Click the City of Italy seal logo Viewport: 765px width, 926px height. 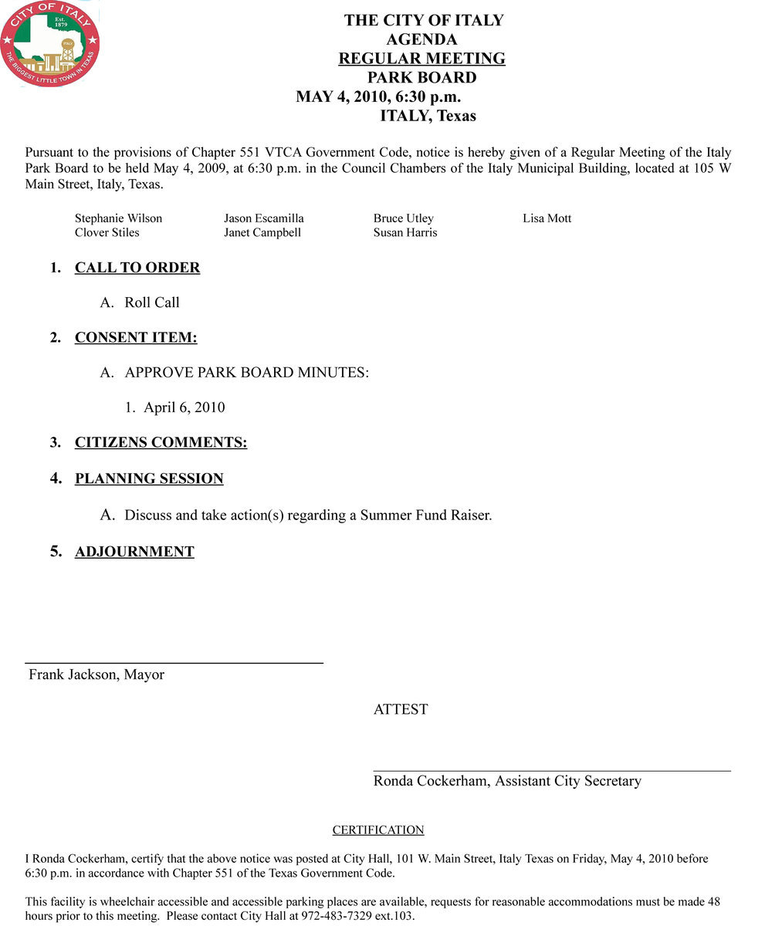pos(50,44)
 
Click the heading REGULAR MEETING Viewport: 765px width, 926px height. pos(421,59)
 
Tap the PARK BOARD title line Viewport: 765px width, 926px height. pos(421,78)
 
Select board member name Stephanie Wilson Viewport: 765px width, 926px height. pos(118,218)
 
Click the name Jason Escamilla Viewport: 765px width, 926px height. pos(264,218)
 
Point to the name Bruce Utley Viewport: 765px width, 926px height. pos(404,218)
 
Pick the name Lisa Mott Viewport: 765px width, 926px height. pos(547,218)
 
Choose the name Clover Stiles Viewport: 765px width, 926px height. pos(107,232)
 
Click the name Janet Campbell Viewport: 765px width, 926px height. pos(262,232)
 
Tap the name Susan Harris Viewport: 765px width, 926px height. pos(405,232)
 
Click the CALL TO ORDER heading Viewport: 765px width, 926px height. pos(137,268)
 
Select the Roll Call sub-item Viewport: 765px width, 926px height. pos(152,302)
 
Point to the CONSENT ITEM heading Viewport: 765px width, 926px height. pos(136,337)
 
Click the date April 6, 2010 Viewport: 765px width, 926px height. pos(184,407)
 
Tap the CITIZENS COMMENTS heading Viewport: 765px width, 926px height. pos(161,443)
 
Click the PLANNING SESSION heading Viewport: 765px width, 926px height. pos(149,478)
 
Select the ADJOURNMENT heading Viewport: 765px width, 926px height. pos(134,552)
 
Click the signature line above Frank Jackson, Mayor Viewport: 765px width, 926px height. pos(174,662)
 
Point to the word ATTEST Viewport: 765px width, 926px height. pos(401,709)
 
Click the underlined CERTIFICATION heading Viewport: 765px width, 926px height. pos(378,830)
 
